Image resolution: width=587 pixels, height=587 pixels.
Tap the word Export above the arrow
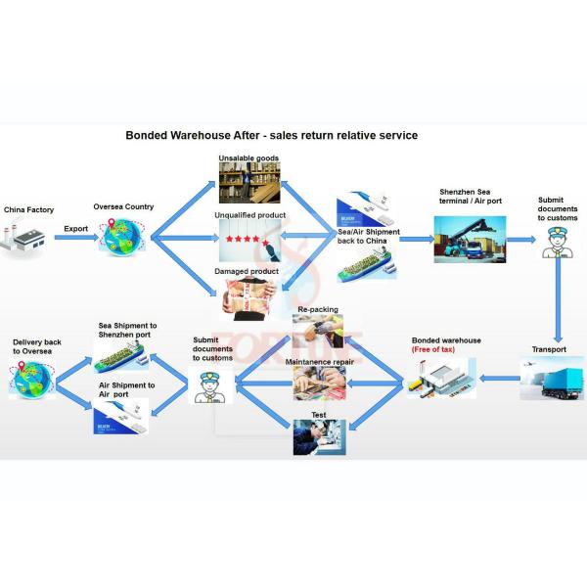point(75,228)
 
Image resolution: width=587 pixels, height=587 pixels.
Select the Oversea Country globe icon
point(122,237)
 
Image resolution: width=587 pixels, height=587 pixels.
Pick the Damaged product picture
point(248,296)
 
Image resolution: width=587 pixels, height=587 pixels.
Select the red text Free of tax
point(443,349)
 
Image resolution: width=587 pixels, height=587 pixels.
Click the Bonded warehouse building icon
point(442,378)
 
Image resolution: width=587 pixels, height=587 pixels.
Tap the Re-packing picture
point(317,334)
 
